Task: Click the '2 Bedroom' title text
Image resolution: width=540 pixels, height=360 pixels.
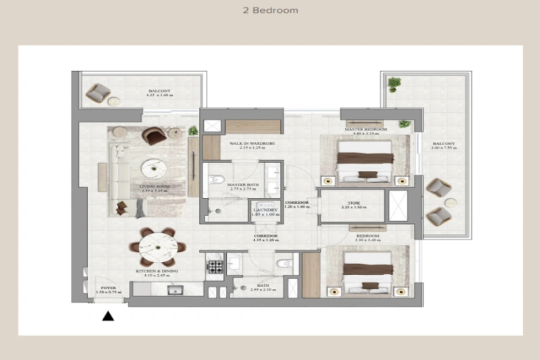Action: [269, 11]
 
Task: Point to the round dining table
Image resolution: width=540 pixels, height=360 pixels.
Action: [157, 247]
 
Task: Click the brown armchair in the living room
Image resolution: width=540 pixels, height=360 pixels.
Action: [155, 136]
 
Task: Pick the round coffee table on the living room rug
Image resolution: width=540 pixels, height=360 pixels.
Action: [153, 167]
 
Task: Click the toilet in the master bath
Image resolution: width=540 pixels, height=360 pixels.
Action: [215, 180]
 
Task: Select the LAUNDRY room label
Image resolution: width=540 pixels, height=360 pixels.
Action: [265, 210]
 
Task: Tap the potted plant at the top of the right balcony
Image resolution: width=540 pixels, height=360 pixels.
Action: [394, 84]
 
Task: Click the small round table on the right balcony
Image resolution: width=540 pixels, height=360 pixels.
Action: [451, 202]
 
